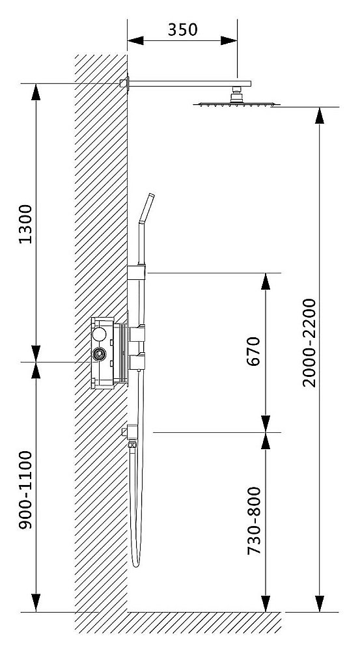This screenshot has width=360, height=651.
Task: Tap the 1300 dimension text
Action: point(25,224)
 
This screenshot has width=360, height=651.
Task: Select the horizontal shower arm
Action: point(189,83)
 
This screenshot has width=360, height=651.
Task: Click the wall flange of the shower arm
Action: point(124,83)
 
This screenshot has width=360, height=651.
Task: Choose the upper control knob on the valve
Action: point(137,335)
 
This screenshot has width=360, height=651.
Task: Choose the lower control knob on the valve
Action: point(137,361)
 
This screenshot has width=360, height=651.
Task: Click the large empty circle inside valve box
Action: point(100,335)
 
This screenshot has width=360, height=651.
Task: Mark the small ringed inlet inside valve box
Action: point(100,355)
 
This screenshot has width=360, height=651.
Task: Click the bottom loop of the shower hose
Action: point(135,562)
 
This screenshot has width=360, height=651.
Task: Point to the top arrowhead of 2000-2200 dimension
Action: point(319,115)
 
